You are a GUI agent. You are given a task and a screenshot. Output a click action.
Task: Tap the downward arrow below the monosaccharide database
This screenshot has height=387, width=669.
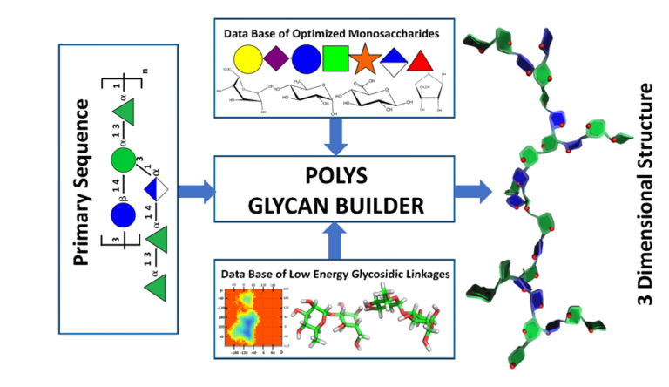[335, 134]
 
